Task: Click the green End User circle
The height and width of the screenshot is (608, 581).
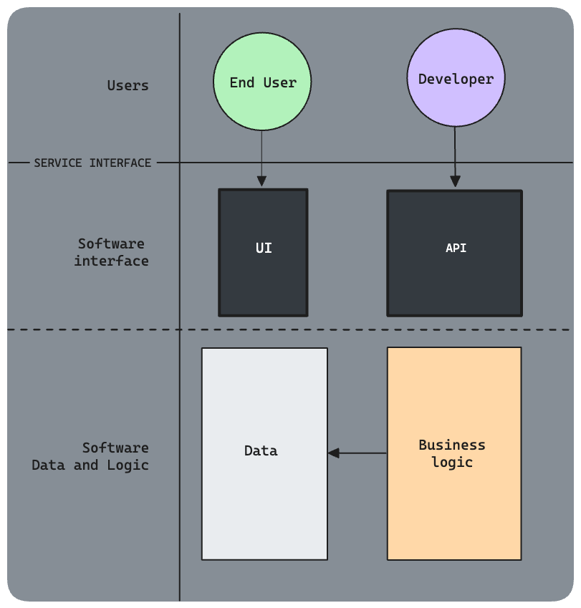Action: pyautogui.click(x=262, y=82)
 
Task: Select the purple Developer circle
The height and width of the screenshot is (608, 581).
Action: pyautogui.click(x=456, y=79)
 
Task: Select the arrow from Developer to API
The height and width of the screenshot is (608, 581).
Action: pyautogui.click(x=455, y=154)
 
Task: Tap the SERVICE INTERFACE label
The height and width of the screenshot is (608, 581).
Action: pyautogui.click(x=92, y=163)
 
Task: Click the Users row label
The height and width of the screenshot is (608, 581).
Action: pyautogui.click(x=128, y=85)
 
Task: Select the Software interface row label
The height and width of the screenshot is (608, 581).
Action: pyautogui.click(x=111, y=252)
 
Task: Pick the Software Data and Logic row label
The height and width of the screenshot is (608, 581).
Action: pyautogui.click(x=91, y=456)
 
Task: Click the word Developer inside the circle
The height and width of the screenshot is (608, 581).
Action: pyautogui.click(x=456, y=79)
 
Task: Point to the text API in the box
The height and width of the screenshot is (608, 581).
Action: pyautogui.click(x=456, y=248)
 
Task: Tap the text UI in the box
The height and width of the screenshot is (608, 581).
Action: pyautogui.click(x=264, y=248)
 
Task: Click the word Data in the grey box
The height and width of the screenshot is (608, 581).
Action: pyautogui.click(x=261, y=450)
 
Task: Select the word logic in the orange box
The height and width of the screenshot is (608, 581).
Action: pyautogui.click(x=452, y=462)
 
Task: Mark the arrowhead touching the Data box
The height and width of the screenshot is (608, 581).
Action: pyautogui.click(x=334, y=453)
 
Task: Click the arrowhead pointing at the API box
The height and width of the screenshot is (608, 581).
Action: pyautogui.click(x=455, y=183)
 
